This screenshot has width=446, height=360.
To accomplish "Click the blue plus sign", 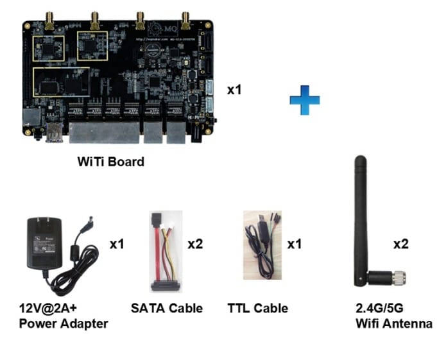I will pyautogui.click(x=304, y=101).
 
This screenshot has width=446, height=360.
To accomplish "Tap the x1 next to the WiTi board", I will pyautogui.click(x=234, y=90).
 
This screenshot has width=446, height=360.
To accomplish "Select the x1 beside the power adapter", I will pyautogui.click(x=117, y=244).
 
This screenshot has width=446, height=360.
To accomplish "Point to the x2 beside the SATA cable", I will pyautogui.click(x=195, y=244).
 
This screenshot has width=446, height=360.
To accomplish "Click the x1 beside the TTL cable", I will pyautogui.click(x=294, y=244).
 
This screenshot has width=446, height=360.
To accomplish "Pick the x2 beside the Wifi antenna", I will pyautogui.click(x=400, y=244).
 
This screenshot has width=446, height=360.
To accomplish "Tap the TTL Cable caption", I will pyautogui.click(x=257, y=308).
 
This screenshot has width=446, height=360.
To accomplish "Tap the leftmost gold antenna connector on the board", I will pyautogui.click(x=48, y=20).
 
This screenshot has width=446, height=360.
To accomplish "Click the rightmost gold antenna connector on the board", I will pyautogui.click(x=186, y=20).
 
